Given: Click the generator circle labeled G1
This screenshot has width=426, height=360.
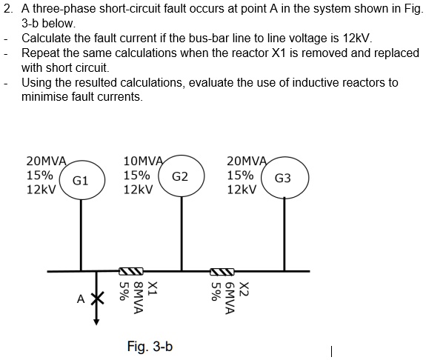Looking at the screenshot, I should coord(81,179).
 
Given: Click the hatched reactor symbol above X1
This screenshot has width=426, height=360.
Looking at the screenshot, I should coord(131,270).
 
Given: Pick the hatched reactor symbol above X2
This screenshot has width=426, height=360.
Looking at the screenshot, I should coord(222,270).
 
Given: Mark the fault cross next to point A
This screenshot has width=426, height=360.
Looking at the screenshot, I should coord(96,298).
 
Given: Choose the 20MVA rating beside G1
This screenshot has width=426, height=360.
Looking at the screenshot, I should coord(46,161).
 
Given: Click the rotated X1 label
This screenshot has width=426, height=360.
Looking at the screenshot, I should coord(152,289).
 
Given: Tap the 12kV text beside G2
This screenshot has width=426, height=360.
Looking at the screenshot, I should coord(138,190).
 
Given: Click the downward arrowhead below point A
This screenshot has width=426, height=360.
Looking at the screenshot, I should coord(96,321).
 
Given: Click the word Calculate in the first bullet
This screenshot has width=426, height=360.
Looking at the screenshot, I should coord(47,39).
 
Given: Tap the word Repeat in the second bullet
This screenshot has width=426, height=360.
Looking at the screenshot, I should coord(40,53).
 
